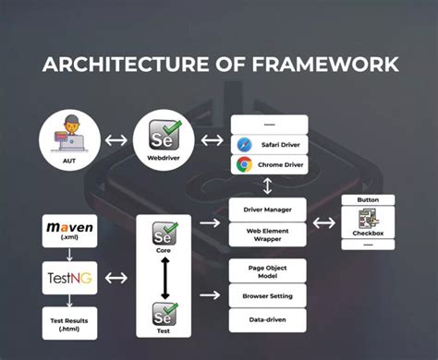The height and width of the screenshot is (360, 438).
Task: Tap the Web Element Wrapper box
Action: (268, 234)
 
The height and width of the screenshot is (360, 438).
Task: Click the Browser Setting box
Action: (268, 297)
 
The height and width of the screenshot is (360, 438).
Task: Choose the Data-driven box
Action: (268, 320)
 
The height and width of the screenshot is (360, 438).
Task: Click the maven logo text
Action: (69, 225)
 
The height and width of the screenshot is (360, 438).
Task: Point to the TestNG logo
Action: (69, 274)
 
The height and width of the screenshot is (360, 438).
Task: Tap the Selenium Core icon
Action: (164, 234)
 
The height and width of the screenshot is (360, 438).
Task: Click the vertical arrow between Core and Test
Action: (164, 275)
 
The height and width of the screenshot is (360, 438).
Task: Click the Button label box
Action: (369, 199)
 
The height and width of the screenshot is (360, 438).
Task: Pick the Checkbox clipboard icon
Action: (369, 221)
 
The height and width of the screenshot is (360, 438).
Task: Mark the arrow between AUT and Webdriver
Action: (116, 141)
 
